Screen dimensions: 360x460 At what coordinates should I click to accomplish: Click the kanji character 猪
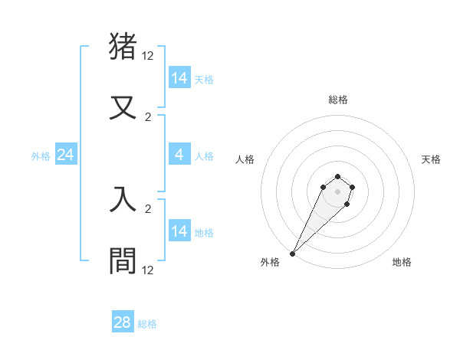123,47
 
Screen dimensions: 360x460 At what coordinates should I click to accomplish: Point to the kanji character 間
123,261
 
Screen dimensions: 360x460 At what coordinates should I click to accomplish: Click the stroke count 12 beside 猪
148,56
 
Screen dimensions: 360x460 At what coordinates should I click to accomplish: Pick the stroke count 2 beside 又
148,117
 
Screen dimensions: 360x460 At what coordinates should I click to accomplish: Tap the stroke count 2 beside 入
148,208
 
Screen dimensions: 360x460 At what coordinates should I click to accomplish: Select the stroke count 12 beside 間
148,270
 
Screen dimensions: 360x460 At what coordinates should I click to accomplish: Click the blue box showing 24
65,155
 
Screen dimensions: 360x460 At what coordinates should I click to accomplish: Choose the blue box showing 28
123,322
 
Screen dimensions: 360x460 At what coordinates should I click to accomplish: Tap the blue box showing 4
179,155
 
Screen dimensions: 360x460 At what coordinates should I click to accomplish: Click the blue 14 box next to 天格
179,78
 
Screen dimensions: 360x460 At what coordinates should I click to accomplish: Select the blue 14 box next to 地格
179,231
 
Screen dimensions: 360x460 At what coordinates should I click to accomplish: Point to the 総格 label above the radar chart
338,100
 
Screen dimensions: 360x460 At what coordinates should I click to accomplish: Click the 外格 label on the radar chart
270,262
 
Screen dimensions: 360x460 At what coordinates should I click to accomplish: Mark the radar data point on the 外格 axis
292,254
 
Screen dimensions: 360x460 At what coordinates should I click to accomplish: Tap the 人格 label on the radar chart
245,159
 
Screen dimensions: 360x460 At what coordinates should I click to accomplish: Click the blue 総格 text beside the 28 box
147,324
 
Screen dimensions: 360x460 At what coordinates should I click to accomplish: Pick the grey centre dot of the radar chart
338,191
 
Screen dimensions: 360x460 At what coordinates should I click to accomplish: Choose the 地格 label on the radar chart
402,262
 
